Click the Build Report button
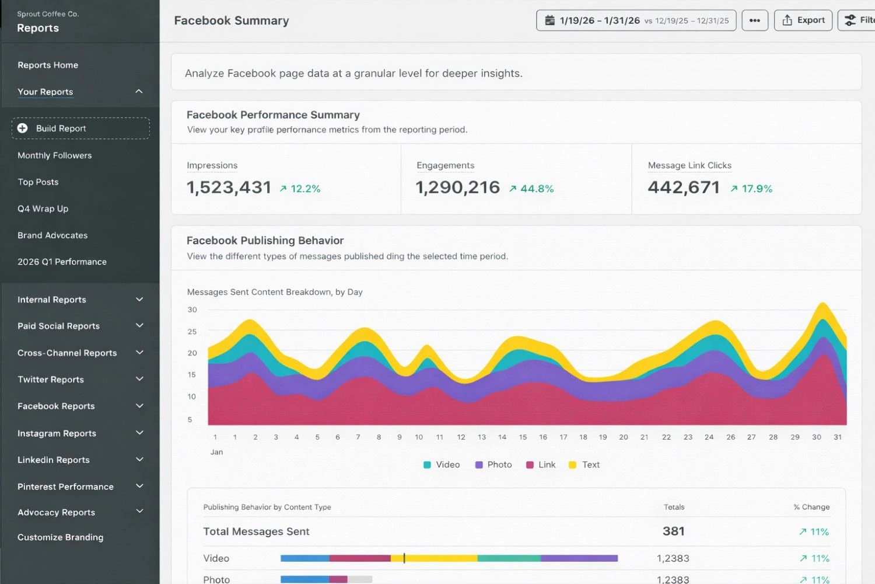(80, 128)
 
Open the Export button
(803, 20)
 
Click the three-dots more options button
(754, 20)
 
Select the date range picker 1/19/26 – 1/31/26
(636, 20)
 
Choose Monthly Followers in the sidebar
(55, 155)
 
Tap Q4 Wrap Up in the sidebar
(43, 208)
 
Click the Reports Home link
(48, 65)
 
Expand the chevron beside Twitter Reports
(139, 379)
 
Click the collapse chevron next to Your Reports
(139, 92)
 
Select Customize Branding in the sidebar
(61, 537)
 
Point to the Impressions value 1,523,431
(229, 187)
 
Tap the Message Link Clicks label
(689, 165)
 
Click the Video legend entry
(442, 465)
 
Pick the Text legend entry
(584, 465)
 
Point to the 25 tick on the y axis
(192, 331)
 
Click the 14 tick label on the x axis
(502, 437)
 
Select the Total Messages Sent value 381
(673, 531)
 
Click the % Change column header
(811, 507)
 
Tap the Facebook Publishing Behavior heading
(265, 241)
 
